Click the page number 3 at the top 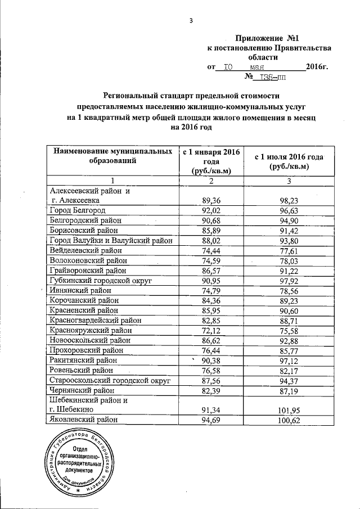191,21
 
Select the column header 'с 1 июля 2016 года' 289,161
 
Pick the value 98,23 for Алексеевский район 289,200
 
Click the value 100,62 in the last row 289,420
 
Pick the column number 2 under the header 210,181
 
